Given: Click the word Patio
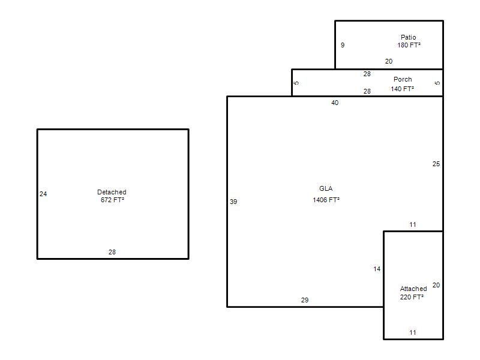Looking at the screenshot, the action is coord(409,37).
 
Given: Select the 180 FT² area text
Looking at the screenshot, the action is coord(409,45).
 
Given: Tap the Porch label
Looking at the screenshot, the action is coord(403,79).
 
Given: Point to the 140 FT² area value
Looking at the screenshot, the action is coord(402,89).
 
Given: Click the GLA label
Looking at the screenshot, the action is coord(326,188).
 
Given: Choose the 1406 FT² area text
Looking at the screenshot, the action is coord(326,200).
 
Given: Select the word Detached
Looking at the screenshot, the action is coord(112,192).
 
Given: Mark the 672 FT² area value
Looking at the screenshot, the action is coord(112,200).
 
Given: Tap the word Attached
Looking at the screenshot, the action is coord(413,289).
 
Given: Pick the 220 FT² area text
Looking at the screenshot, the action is coord(412,297).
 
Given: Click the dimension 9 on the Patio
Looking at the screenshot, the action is coord(343,45).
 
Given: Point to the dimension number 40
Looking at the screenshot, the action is coord(335,103).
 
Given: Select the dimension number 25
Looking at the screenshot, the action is coord(436,164).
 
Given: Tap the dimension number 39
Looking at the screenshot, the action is coord(233,202).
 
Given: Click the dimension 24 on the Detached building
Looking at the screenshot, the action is coord(43,194).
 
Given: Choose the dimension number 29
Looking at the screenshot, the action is coord(305,300).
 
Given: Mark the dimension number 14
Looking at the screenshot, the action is coord(377,269).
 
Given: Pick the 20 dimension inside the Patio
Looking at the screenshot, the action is coord(389,61).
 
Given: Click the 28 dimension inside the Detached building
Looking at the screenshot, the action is coord(112,252).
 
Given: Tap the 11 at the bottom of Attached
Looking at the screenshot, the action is coord(413,332).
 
